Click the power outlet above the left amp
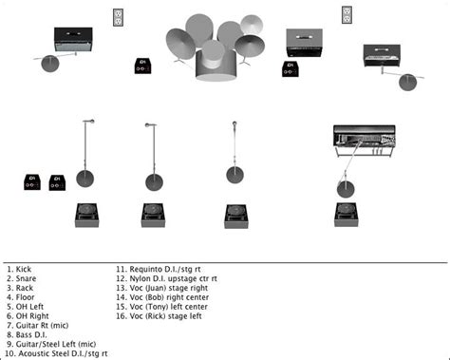pos(118,17)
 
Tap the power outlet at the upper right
pos(347,15)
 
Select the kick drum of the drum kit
pos(216,66)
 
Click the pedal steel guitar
pos(365,141)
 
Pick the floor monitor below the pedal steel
pos(347,215)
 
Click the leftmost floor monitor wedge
pos(87,216)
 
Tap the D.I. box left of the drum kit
pos(142,66)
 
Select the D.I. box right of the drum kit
pos(291,69)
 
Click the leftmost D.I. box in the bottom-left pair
pos(32,182)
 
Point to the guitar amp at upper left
pos(73,40)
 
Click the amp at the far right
pos(382,56)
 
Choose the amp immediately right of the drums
pos(305,43)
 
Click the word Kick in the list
pos(24,270)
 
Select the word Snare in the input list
pos(26,278)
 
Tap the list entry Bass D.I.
pos(31,334)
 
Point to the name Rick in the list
pos(156,316)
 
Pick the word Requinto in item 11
pos(145,270)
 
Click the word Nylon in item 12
pos(139,279)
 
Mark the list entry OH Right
pos(32,316)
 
